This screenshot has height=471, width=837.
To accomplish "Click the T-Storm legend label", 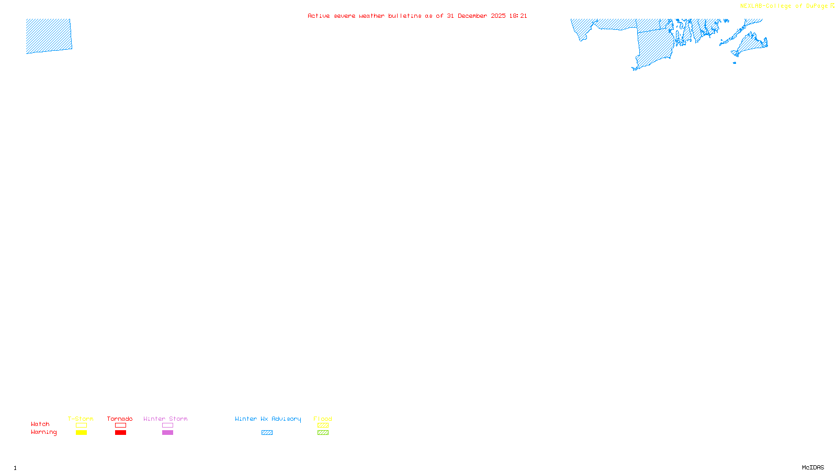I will tap(81, 419).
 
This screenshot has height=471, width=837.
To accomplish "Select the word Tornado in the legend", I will tap(120, 419).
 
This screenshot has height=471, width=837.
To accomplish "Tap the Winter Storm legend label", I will tap(165, 419).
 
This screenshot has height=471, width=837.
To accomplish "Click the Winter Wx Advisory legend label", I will tap(268, 419).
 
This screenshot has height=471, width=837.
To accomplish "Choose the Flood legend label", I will tap(323, 419).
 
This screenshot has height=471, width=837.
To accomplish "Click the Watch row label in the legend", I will tap(40, 424).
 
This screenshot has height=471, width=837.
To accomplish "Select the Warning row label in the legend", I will tap(44, 432).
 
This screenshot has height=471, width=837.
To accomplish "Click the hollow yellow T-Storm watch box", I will tap(81, 425).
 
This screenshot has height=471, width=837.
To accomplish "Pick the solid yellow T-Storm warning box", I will tap(81, 433).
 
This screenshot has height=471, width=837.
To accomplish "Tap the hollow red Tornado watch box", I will tap(121, 425).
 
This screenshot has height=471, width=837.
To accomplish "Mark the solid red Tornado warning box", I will tap(121, 433).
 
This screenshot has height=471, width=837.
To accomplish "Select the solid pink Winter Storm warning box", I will tap(167, 433).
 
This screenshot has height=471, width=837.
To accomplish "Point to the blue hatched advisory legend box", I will tap(267, 433).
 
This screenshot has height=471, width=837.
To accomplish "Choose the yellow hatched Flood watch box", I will tap(323, 425).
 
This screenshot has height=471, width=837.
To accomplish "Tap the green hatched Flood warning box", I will tap(323, 433).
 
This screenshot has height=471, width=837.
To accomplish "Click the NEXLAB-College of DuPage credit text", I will tap(784, 6).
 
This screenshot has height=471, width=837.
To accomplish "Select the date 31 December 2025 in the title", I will tap(476, 16).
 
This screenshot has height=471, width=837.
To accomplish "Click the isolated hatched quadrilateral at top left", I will tap(49, 36).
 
